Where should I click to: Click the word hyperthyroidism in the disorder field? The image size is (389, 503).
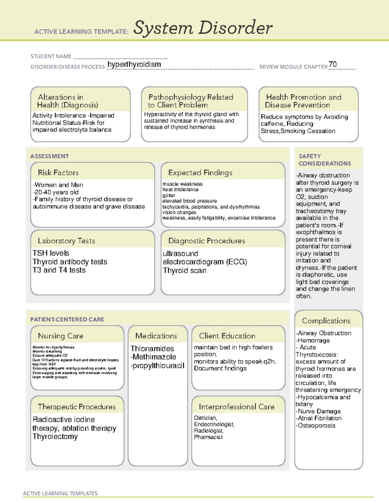(x=134, y=64)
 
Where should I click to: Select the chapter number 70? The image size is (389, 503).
(x=333, y=64)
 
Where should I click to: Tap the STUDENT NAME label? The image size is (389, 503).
(x=51, y=56)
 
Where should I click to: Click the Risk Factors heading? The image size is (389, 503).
(x=58, y=173)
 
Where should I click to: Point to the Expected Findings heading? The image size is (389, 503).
(x=200, y=173)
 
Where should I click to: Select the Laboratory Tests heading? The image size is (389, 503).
(x=66, y=241)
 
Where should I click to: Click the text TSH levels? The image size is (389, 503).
(x=51, y=253)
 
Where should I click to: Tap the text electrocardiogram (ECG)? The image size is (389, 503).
(x=205, y=262)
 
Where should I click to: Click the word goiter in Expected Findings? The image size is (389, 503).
(x=169, y=195)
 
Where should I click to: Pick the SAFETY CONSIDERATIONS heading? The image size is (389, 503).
(x=324, y=160)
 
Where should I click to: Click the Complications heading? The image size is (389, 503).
(x=326, y=321)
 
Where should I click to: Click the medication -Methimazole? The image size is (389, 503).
(x=153, y=357)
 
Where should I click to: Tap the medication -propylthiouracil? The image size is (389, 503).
(x=157, y=366)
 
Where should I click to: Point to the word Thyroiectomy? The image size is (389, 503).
(x=55, y=437)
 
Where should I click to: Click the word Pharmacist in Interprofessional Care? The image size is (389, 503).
(x=208, y=437)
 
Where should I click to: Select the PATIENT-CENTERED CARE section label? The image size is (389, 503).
(x=67, y=319)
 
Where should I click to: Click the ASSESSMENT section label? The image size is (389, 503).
(x=49, y=156)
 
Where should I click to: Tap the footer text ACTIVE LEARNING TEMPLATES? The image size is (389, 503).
(x=60, y=493)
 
